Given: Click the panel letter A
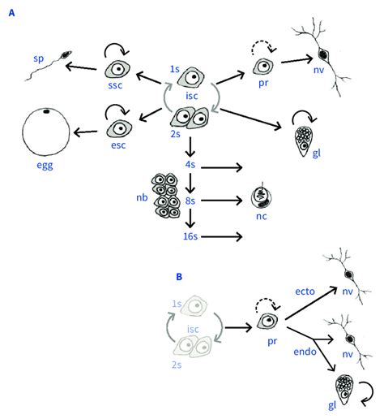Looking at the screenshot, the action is click(11, 13).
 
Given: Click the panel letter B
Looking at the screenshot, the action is click(179, 277).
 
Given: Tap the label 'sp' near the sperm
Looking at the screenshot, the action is click(39, 58).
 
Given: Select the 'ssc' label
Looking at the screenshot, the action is click(115, 85).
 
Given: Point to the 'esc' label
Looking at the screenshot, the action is click(118, 145).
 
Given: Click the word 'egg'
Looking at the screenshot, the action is click(45, 165).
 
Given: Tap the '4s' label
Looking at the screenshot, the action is click(190, 164).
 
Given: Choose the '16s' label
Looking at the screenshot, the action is click(190, 236).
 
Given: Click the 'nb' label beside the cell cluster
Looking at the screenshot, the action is click(142, 197).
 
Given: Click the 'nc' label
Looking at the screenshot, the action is click(261, 216).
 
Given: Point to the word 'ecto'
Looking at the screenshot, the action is click(305, 292).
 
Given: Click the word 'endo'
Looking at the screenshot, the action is click(305, 352).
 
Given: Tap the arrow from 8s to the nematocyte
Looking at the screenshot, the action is click(221, 201).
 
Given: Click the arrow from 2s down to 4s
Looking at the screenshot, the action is click(190, 147).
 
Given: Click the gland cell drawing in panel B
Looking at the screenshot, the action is click(344, 390).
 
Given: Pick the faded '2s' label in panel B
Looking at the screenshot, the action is click(177, 365).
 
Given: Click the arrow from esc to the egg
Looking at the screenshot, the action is click(85, 132).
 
